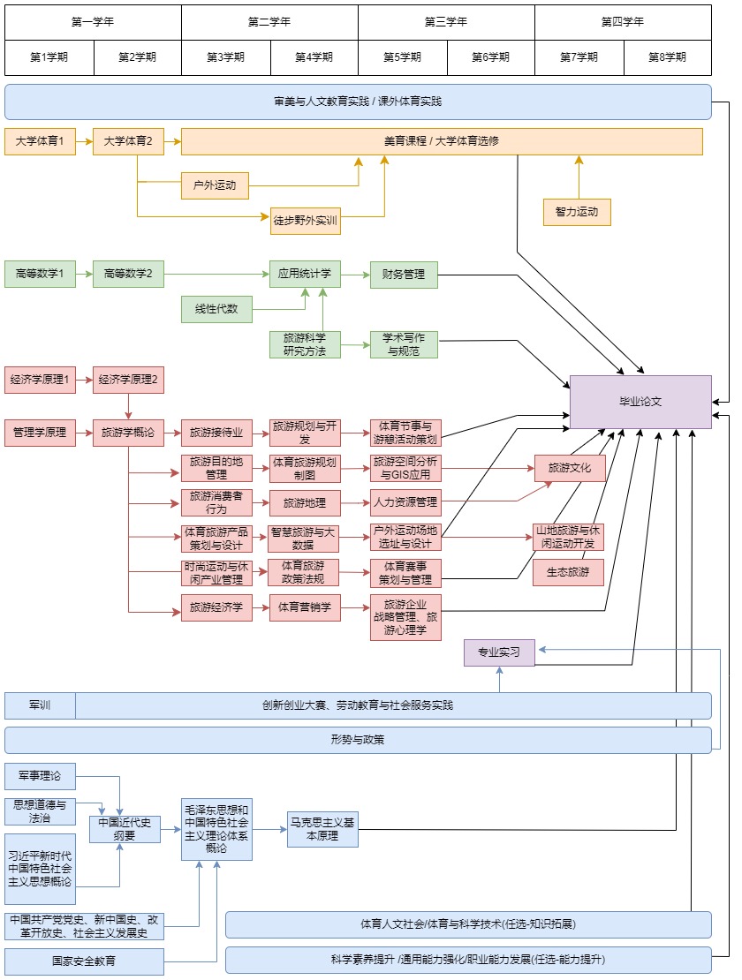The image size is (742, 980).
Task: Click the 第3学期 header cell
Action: coord(225,57)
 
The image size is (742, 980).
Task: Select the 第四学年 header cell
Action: coord(623,22)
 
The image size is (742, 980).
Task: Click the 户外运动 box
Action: coord(215,185)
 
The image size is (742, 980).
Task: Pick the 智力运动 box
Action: coord(577,212)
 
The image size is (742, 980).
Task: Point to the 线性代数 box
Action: coord(216,309)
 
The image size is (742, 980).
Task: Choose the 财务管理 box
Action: coord(404,275)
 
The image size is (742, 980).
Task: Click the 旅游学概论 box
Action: coord(128,433)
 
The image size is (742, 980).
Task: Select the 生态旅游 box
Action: coord(569,572)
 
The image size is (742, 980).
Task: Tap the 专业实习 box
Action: coord(499,653)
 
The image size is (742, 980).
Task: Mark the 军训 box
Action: coord(40,705)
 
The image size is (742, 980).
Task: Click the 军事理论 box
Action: coord(40,776)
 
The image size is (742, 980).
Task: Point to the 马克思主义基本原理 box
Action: coord(322,829)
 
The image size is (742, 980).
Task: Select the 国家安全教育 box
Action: coord(84,961)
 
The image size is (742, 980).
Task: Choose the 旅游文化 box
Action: coord(570,468)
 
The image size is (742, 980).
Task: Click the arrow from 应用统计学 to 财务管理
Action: coord(355,275)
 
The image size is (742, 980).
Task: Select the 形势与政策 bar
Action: coord(358,740)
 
